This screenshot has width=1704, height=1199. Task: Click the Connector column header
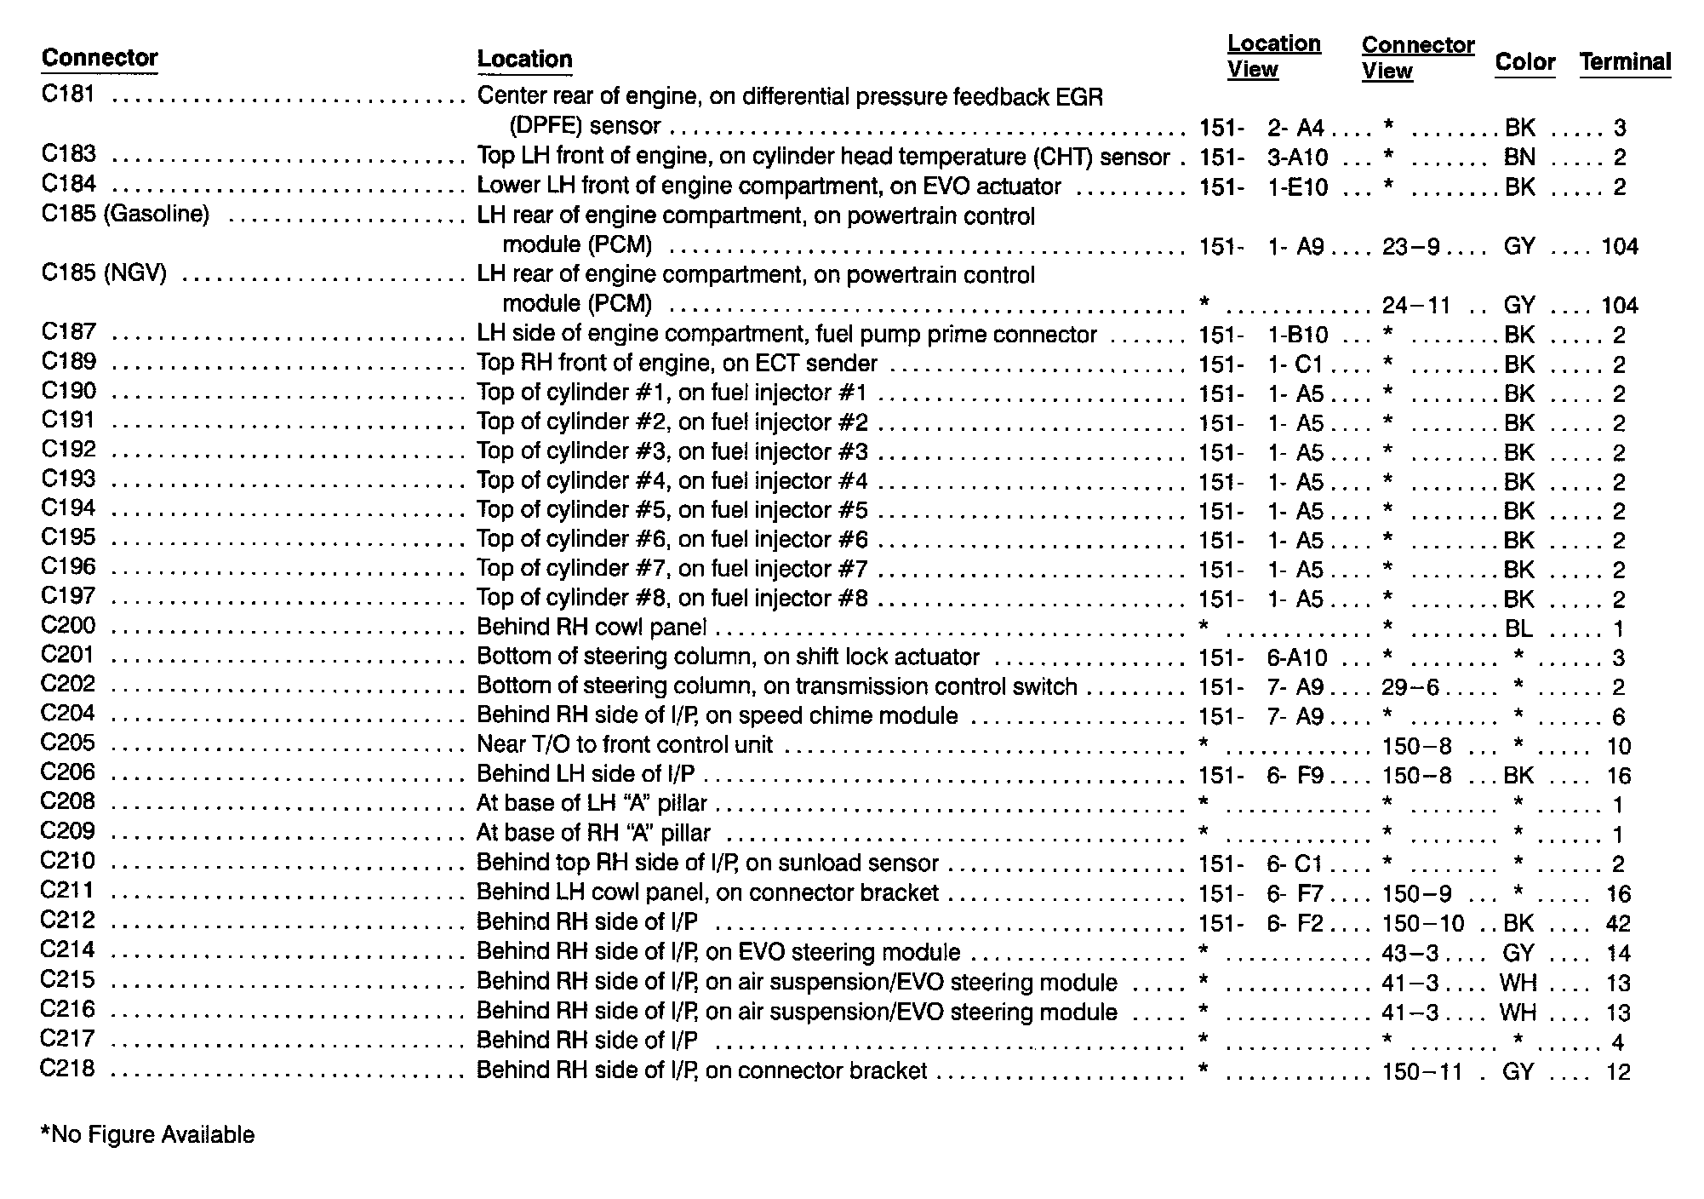tap(100, 58)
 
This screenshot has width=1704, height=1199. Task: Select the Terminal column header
tap(1625, 61)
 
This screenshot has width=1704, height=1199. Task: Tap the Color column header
tap(1524, 61)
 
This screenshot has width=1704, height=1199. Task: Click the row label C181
tap(68, 94)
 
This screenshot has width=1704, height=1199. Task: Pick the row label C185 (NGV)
tap(104, 274)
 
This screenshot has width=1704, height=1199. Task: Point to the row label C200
tap(68, 626)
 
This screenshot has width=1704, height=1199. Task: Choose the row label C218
tap(68, 1069)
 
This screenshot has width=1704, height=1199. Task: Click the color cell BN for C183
tap(1519, 158)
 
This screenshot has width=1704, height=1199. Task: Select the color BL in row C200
tap(1518, 628)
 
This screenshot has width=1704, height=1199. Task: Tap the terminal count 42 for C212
tap(1618, 923)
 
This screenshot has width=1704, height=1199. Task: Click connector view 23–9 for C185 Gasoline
tap(1410, 246)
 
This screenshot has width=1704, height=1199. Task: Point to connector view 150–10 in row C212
tap(1422, 923)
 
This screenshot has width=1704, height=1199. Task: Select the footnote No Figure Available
tap(147, 1134)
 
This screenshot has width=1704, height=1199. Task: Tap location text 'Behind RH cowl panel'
tap(592, 628)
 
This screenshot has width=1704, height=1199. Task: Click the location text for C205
tap(624, 745)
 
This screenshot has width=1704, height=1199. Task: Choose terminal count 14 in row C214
tap(1618, 953)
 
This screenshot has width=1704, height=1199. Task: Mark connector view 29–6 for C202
tap(1410, 687)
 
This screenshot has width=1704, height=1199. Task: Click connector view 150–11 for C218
tap(1422, 1070)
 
